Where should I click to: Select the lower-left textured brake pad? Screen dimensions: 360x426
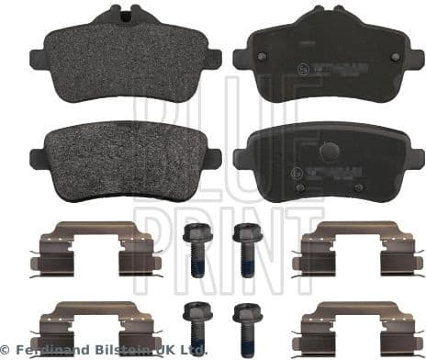120,156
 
